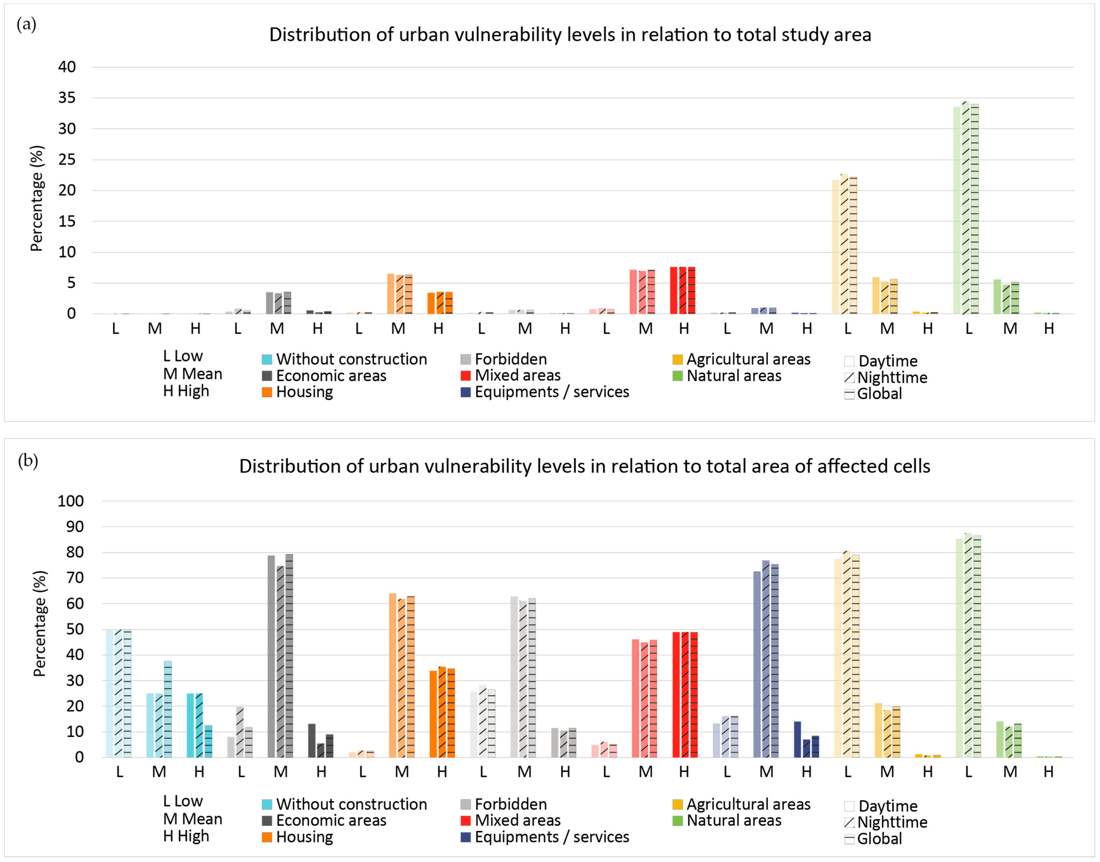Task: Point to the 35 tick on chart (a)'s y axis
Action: [x=67, y=98]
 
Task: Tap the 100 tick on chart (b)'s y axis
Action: [x=71, y=501]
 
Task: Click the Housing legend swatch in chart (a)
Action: [x=267, y=392]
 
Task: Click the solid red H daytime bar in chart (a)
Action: [x=674, y=290]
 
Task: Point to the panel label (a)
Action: [x=26, y=24]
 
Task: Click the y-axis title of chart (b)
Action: [x=39, y=623]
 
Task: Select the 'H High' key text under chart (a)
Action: [x=186, y=391]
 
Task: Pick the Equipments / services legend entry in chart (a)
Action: [x=552, y=392]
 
